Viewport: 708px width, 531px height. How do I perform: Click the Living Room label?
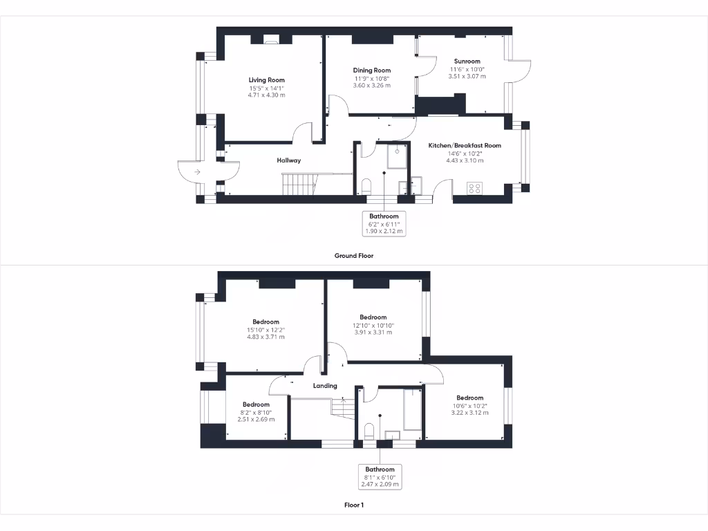(x=266, y=80)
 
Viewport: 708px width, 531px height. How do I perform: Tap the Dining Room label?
(x=372, y=70)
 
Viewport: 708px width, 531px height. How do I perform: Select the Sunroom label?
(x=467, y=61)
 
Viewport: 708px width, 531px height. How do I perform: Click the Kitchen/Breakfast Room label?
(x=465, y=145)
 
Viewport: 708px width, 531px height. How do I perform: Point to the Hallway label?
(x=289, y=160)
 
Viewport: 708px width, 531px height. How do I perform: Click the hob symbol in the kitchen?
(x=475, y=187)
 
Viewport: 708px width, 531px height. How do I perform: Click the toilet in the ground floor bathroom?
(x=367, y=186)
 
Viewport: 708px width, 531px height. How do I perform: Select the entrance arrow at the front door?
(x=197, y=171)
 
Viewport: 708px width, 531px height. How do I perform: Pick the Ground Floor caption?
(x=354, y=255)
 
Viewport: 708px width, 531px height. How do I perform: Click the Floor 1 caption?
(x=354, y=505)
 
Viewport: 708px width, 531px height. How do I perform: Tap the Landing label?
(x=325, y=386)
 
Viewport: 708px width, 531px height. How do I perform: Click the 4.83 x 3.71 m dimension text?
(x=266, y=337)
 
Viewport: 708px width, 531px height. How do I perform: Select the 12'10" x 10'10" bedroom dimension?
(x=373, y=325)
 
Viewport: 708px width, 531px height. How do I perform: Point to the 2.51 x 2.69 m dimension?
(x=256, y=419)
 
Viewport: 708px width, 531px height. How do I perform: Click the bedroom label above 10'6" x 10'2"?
(x=469, y=398)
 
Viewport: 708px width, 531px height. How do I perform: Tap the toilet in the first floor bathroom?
(x=369, y=432)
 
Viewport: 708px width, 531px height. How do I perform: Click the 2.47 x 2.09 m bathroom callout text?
(x=380, y=484)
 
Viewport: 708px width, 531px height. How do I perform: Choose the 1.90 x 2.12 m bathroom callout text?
(x=384, y=231)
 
